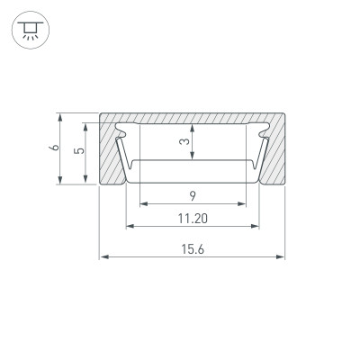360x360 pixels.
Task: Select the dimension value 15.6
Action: coord(192,248)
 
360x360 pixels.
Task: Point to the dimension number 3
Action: coord(184,142)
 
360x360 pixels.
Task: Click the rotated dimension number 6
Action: coord(55,148)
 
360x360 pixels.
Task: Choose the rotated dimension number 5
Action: coord(80,151)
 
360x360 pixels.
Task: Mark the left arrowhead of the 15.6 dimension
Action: coord(103,257)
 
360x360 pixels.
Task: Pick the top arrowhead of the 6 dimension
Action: coord(60,117)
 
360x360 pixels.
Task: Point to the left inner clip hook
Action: coord(124,135)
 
